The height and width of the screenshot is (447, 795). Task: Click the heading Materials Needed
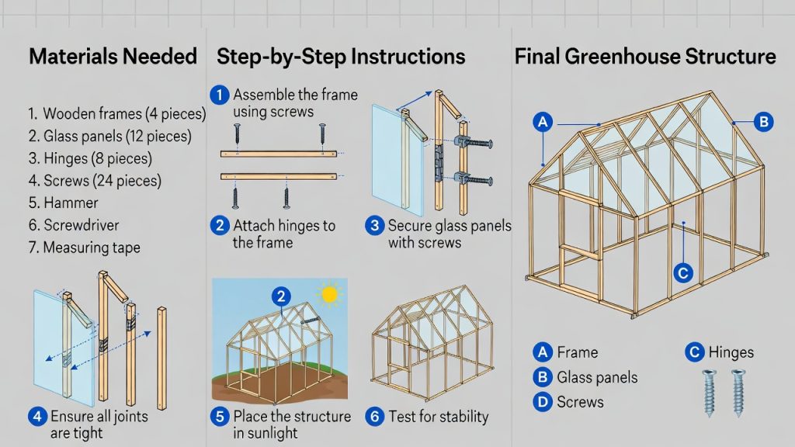(x=113, y=56)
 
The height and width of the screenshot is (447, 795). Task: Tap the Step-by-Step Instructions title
(x=341, y=57)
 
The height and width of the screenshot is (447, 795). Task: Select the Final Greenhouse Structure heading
(x=645, y=56)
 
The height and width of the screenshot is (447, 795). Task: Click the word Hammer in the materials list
(x=71, y=203)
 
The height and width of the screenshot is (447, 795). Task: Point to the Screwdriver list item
(x=81, y=225)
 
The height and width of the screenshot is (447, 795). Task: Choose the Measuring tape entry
(x=92, y=248)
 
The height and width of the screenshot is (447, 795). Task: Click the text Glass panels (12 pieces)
(x=118, y=137)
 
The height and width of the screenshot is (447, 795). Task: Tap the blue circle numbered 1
(x=220, y=95)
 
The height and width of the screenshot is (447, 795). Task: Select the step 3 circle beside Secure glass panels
(x=375, y=225)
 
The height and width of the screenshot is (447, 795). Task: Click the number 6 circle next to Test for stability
(x=375, y=417)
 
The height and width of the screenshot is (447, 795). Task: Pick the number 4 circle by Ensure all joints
(x=37, y=417)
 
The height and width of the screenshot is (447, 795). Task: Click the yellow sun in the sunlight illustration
(x=329, y=294)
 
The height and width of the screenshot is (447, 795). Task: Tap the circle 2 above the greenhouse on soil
(x=281, y=296)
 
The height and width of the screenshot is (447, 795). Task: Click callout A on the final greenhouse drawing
(x=543, y=122)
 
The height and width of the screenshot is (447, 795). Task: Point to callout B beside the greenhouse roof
(x=764, y=122)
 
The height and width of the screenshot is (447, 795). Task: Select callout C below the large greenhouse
(x=683, y=273)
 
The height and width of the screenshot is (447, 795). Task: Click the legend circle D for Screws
(x=543, y=403)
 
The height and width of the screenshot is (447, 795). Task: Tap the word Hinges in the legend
(x=731, y=352)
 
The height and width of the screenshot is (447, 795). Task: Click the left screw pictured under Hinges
(x=709, y=393)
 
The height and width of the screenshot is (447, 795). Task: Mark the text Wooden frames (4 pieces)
(x=125, y=114)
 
